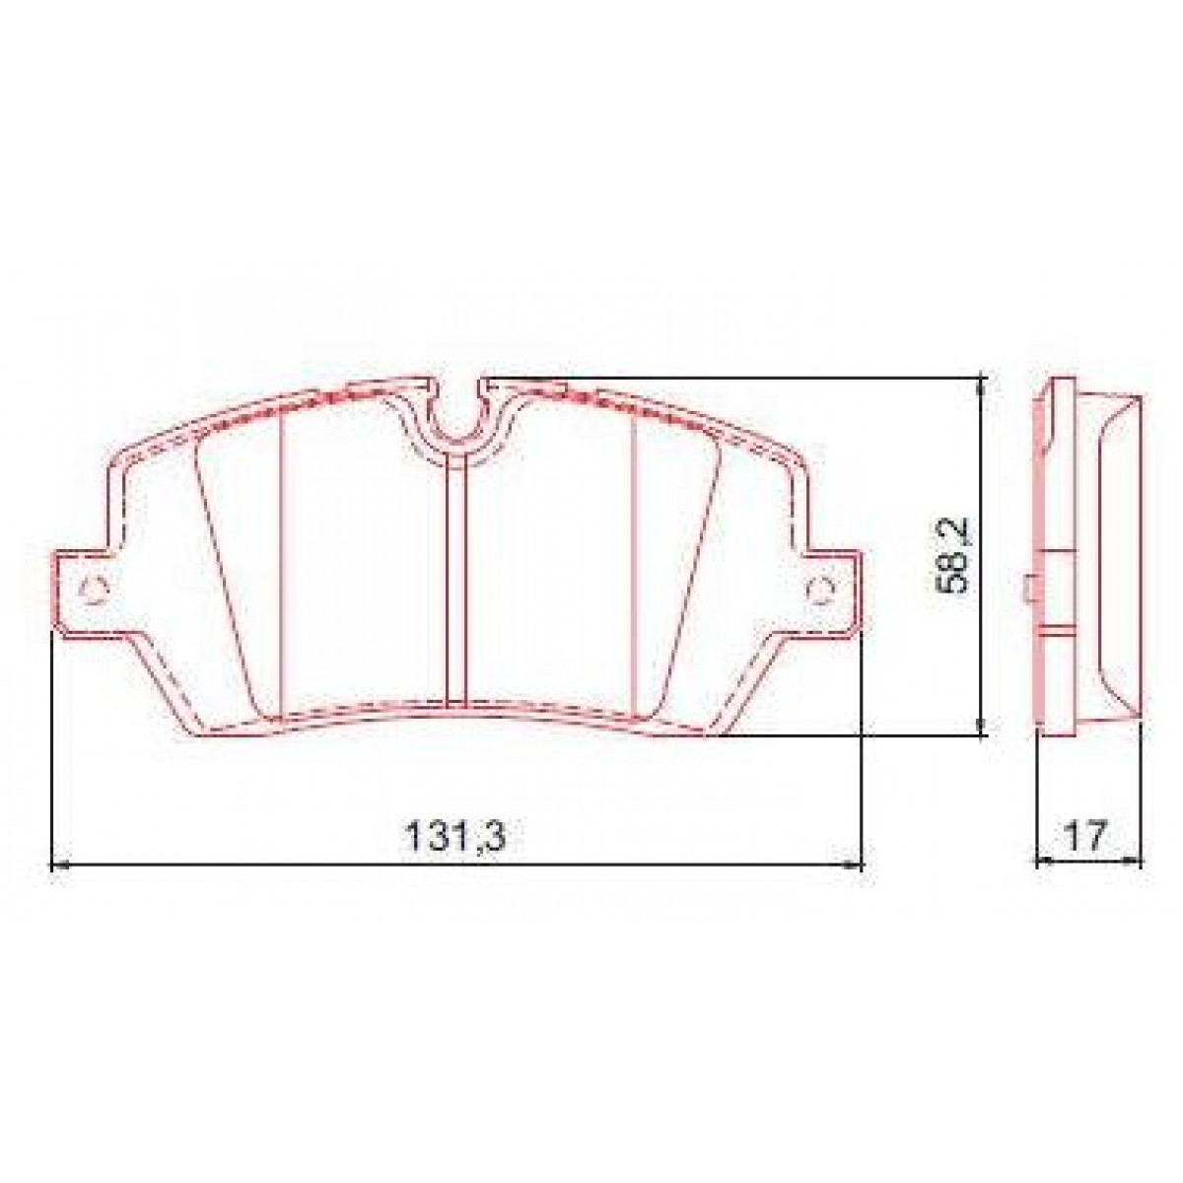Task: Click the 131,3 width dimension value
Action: (x=455, y=838)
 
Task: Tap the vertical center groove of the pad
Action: (x=455, y=582)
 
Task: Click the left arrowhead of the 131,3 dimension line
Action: (x=56, y=865)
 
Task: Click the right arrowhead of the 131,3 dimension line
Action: (x=855, y=865)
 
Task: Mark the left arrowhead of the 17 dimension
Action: (x=1043, y=861)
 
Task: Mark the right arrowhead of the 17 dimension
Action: (x=1135, y=861)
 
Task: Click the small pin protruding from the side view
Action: (x=1028, y=590)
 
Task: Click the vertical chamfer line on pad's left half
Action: (x=283, y=562)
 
